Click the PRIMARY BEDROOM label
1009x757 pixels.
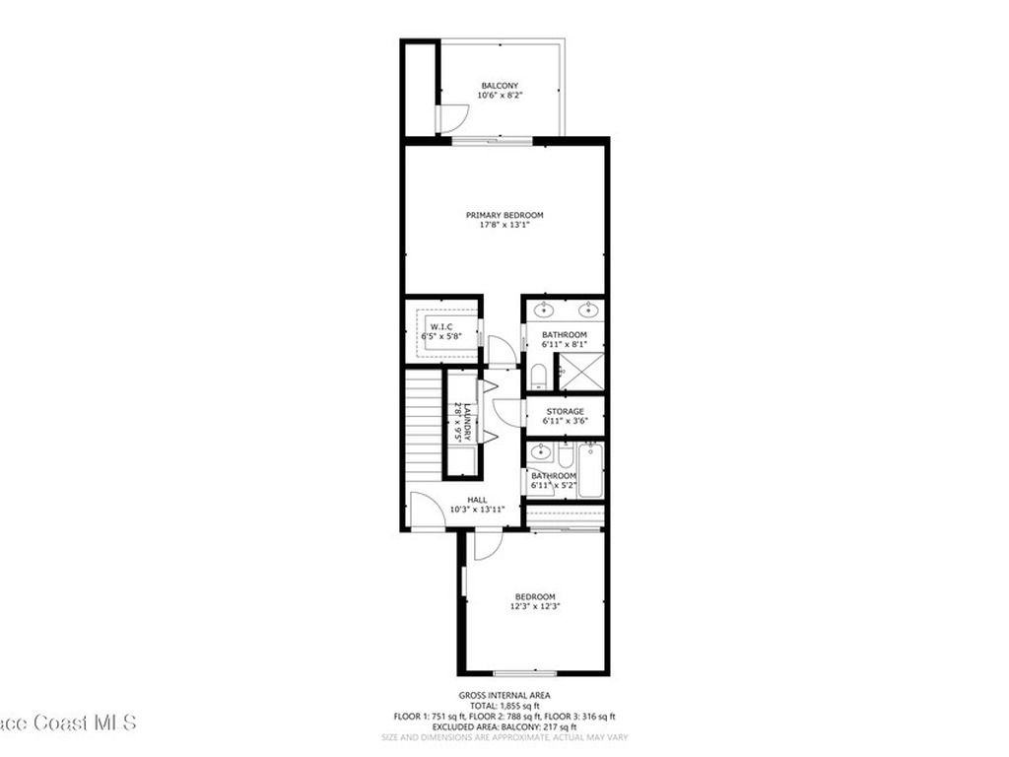point(504,215)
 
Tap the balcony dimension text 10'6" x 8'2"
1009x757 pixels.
point(500,96)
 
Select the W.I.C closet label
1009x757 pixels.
point(440,326)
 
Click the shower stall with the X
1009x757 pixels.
point(579,372)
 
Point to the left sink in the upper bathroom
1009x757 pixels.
point(543,310)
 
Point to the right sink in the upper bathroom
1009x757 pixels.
point(589,310)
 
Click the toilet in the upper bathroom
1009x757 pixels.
point(538,376)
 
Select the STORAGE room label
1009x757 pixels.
point(565,411)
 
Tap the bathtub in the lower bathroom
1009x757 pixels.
point(592,471)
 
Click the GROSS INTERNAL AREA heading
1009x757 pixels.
point(504,695)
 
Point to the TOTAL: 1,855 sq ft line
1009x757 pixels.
point(504,707)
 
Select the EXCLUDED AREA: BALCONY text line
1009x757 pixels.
point(504,726)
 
